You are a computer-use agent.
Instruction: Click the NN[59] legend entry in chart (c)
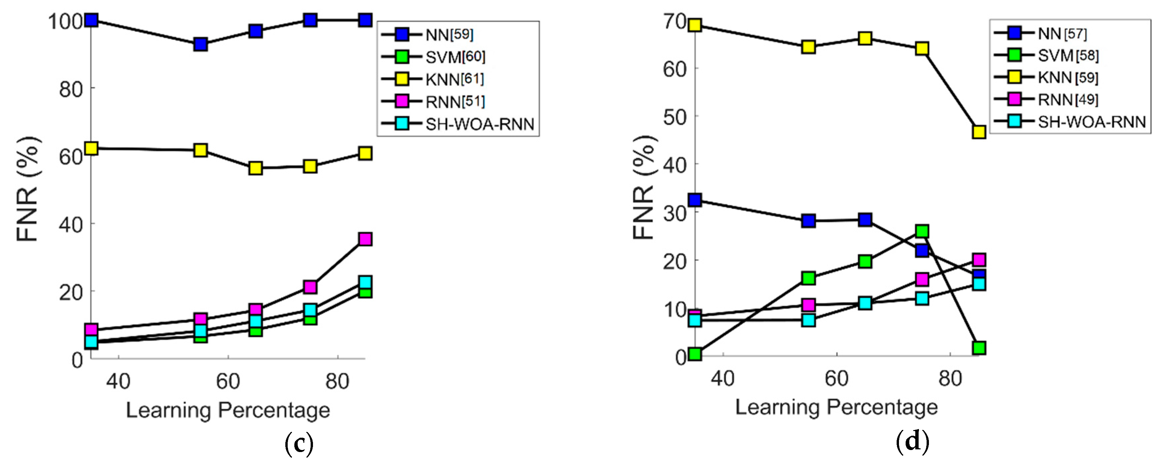click(449, 35)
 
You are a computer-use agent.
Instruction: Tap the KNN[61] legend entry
click(454, 80)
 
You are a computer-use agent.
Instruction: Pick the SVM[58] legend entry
click(1068, 56)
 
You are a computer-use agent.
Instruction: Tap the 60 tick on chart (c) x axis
click(228, 381)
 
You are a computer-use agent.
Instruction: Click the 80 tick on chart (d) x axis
click(950, 378)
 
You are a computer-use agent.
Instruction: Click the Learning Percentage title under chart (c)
click(228, 410)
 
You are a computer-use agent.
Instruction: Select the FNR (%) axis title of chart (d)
click(644, 187)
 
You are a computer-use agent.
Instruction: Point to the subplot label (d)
click(912, 441)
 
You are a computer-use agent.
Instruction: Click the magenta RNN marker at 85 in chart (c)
click(365, 239)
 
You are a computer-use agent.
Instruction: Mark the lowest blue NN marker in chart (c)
click(200, 44)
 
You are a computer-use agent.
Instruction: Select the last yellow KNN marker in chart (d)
click(978, 132)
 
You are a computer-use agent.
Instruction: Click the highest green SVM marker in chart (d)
click(922, 232)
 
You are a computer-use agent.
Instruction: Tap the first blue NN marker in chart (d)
click(695, 200)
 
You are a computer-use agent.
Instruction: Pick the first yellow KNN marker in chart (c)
click(91, 148)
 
